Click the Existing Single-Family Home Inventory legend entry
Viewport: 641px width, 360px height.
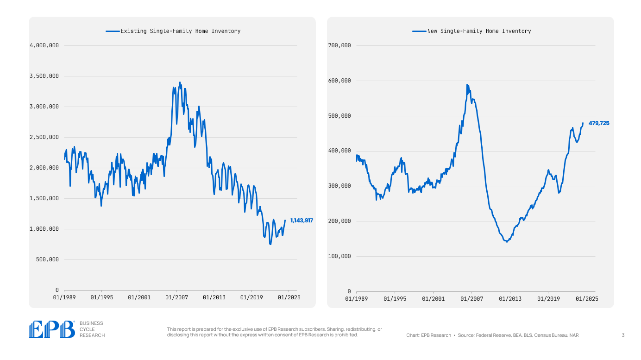(180, 31)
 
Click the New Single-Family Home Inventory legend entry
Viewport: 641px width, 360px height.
(479, 31)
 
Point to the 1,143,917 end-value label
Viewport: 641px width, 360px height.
(302, 221)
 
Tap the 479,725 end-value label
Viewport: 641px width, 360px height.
(599, 123)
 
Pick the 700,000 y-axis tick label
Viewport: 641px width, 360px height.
(339, 45)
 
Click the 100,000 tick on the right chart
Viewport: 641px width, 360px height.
(339, 256)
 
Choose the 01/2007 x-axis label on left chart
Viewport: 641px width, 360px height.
(176, 297)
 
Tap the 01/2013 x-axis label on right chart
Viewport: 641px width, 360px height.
(510, 299)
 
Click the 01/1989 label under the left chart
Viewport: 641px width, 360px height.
(64, 297)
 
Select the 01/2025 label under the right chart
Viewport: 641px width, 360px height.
(587, 299)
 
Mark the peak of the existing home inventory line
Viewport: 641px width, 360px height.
(180, 82)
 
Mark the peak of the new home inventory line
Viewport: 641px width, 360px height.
(467, 85)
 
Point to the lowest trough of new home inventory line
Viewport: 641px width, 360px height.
(507, 241)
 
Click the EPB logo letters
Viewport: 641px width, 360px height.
(51, 329)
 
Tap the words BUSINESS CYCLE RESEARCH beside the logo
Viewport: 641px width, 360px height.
(92, 329)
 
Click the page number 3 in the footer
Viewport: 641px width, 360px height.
(623, 335)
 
